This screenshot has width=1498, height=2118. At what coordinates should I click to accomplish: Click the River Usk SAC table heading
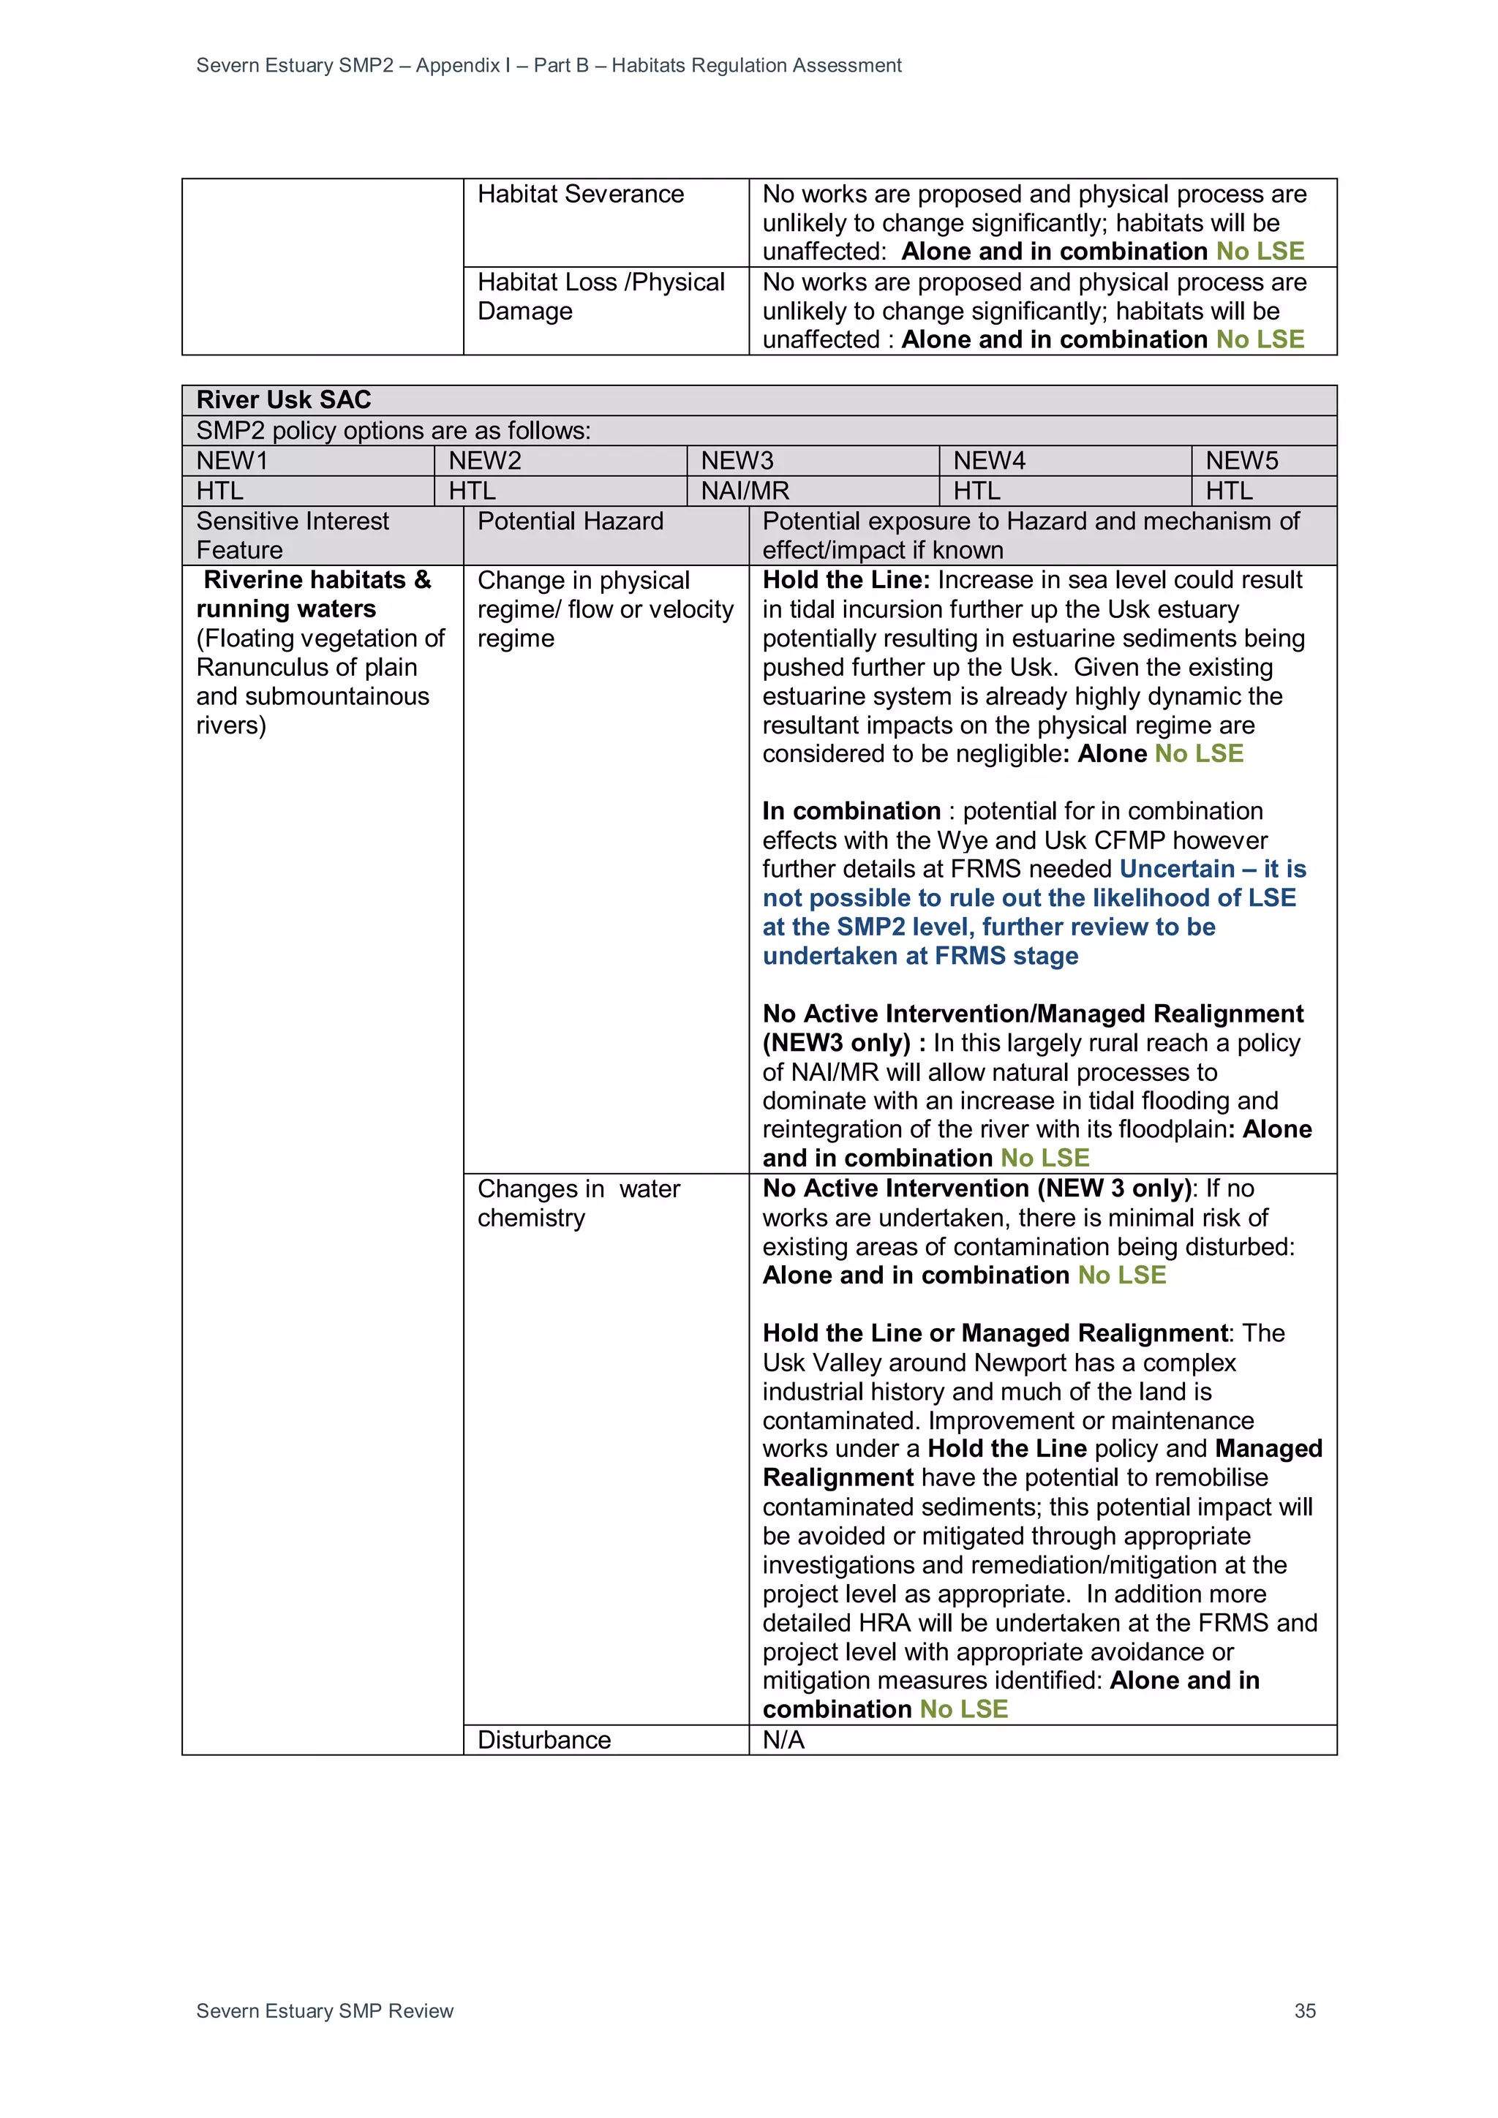(x=283, y=399)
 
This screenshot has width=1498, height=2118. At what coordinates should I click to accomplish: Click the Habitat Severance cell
(x=580, y=195)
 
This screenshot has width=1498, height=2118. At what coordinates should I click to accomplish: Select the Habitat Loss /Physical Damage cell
(x=601, y=296)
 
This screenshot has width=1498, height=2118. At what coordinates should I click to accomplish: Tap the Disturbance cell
(x=543, y=1740)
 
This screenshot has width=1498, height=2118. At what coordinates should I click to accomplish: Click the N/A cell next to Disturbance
(x=783, y=1740)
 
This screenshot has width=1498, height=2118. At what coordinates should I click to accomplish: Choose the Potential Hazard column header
(x=570, y=521)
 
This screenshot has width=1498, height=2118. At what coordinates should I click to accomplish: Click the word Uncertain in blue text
(x=1176, y=869)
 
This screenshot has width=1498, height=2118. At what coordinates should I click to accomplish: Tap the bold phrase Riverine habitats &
(x=317, y=580)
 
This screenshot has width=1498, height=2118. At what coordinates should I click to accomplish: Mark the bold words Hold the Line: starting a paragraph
(x=846, y=580)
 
